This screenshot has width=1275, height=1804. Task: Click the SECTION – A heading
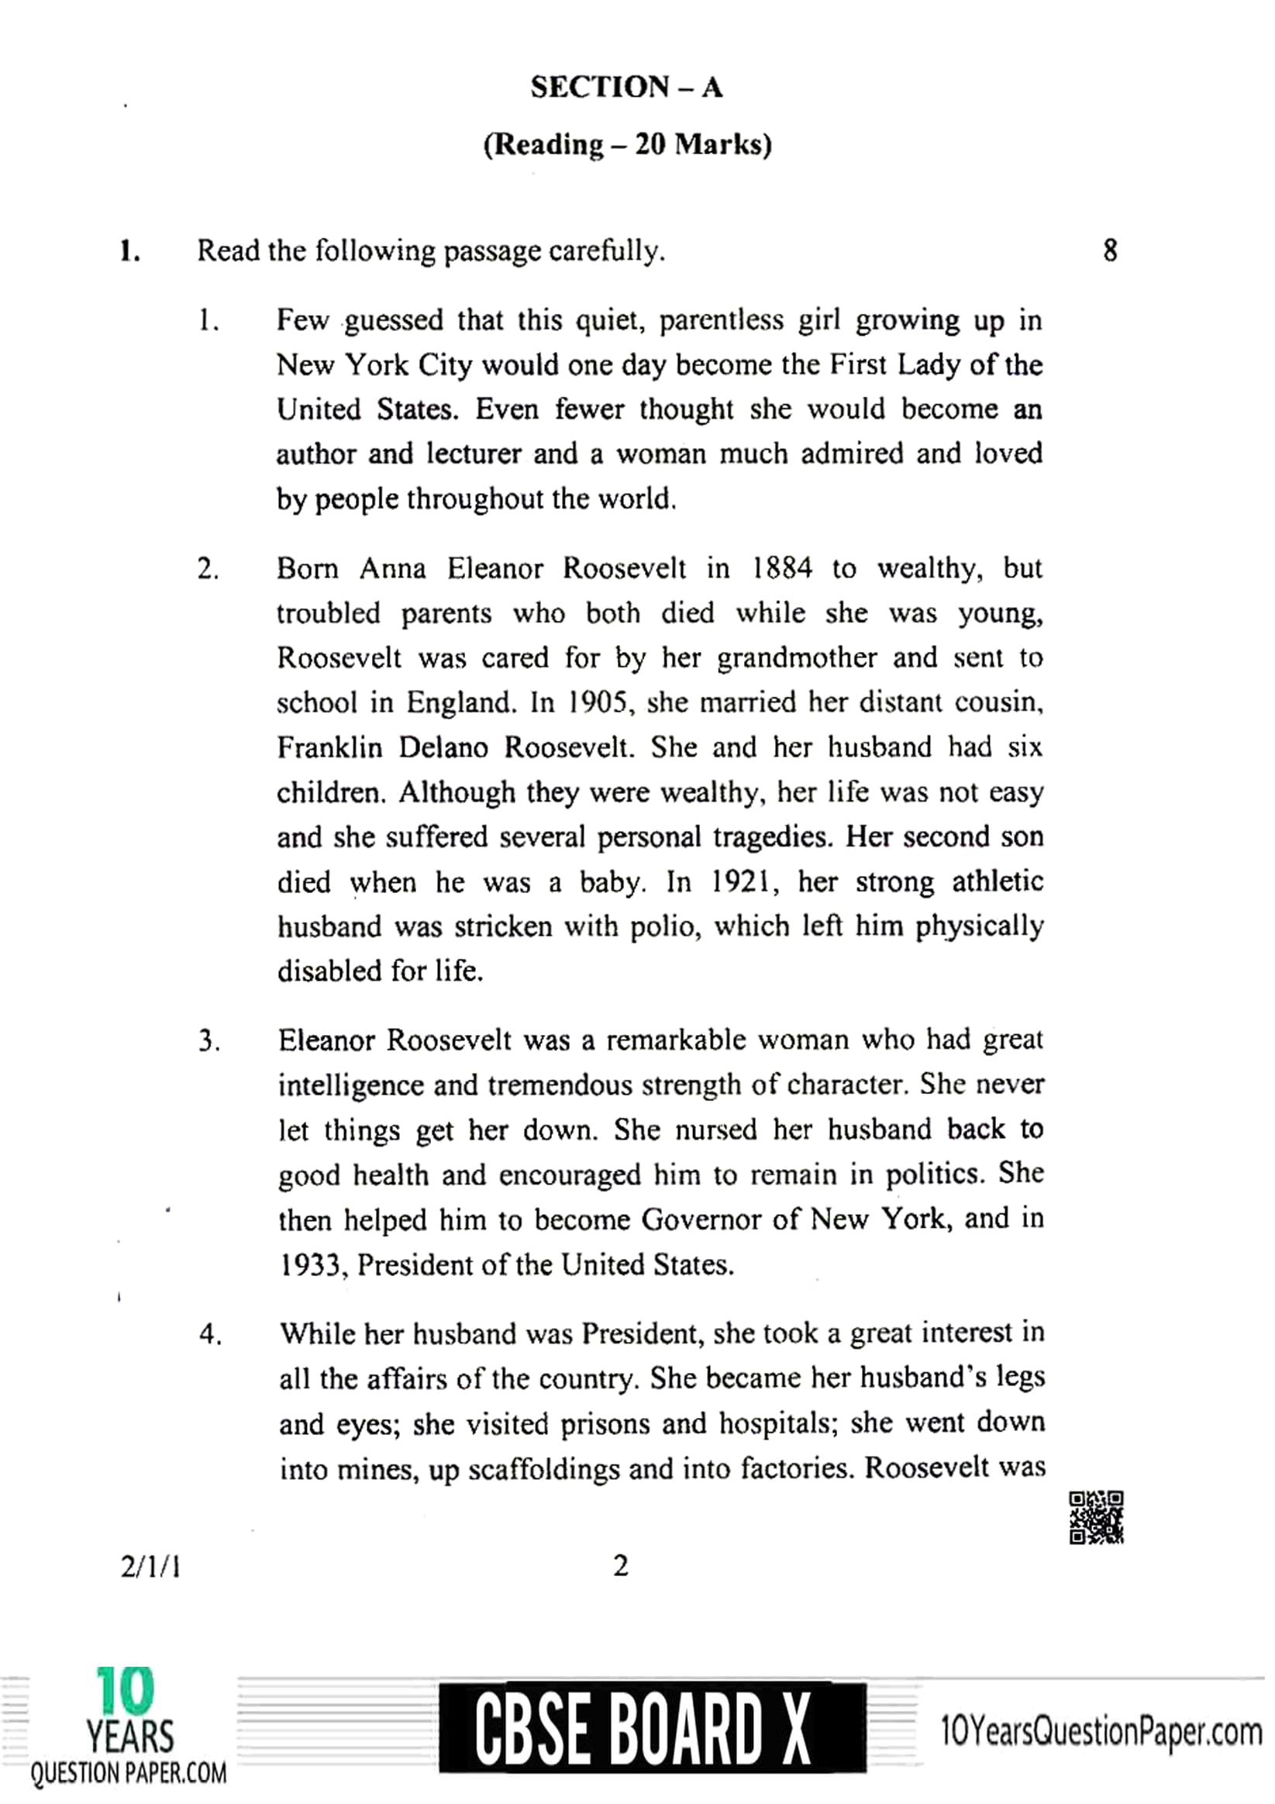click(626, 87)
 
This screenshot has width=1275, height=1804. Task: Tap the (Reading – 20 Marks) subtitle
click(627, 144)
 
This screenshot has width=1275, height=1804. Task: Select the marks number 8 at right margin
click(1109, 250)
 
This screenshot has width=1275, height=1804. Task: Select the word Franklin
click(329, 747)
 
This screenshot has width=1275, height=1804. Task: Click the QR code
click(1096, 1517)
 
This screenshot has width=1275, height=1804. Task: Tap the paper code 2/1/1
click(150, 1568)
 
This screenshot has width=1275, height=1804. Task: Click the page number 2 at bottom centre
click(620, 1566)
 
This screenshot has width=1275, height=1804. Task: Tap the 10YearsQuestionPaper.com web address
click(1100, 1731)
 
